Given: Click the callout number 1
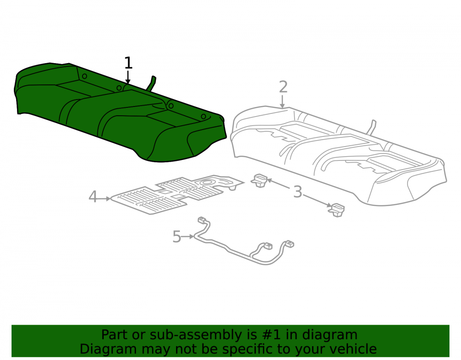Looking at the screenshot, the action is (x=129, y=63).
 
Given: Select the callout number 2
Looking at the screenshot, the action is (x=283, y=87).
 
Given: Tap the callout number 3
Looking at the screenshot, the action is (x=297, y=192).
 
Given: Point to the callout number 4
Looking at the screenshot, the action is (x=93, y=197).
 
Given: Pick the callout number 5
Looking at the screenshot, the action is (x=177, y=236).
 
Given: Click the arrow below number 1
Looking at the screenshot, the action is (x=128, y=77).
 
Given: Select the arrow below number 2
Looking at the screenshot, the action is (x=282, y=101).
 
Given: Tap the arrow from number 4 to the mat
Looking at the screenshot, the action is (x=104, y=199).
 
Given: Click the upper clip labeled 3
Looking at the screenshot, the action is (x=259, y=180).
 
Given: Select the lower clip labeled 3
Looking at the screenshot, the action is (x=337, y=210).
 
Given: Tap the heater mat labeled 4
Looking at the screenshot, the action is (x=177, y=194).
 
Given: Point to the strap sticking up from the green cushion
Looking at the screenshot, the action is (x=151, y=83).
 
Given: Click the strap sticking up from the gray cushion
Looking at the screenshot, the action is (x=372, y=127).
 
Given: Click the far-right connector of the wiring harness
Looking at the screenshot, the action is (x=290, y=243).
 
